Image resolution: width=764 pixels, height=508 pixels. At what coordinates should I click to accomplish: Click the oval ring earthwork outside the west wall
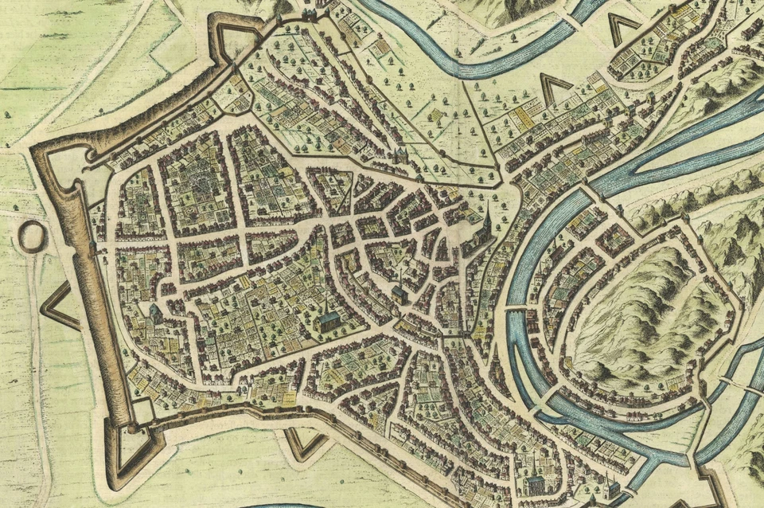tap(31, 236)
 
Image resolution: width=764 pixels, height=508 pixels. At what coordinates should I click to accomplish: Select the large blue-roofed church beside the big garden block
tap(328, 321)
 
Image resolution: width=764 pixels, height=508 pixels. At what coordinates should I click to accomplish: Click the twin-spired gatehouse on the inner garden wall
tap(400, 156)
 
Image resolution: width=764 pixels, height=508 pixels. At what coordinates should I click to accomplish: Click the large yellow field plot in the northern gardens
tap(522, 119)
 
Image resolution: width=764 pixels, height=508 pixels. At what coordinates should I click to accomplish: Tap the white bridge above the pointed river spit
tap(517, 307)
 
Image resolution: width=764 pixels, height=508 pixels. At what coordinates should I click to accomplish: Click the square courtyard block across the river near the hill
tap(612, 239)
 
